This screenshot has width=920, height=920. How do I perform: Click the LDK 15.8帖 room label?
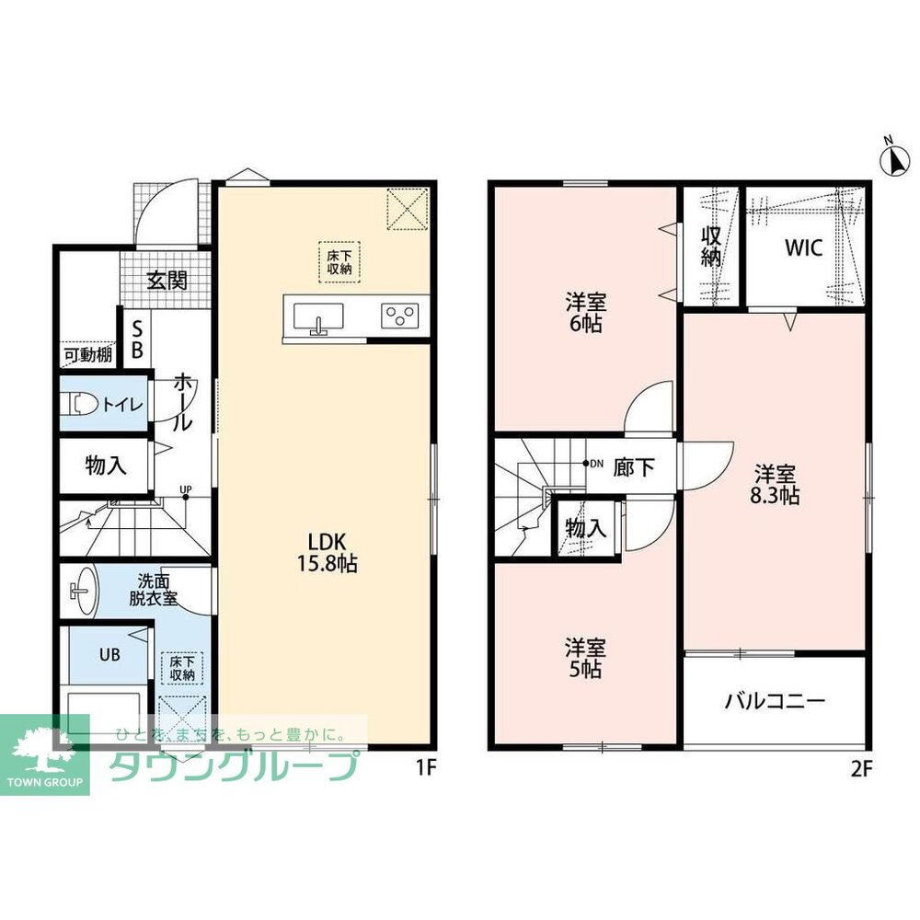click(327, 552)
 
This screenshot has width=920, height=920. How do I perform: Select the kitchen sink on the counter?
click(318, 318)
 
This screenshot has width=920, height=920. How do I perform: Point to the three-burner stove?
click(399, 316)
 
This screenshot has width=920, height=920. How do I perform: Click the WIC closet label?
click(804, 247)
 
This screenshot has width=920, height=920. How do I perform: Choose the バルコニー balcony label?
click(775, 701)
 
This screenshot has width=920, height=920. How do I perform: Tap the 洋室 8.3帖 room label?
click(775, 484)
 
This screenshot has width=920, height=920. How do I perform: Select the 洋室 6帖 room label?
click(585, 313)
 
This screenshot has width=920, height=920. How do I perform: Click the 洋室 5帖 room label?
click(585, 658)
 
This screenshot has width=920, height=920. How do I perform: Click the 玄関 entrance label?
click(167, 281)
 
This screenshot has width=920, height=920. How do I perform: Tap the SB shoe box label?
click(137, 339)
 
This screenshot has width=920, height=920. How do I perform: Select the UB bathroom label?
click(109, 655)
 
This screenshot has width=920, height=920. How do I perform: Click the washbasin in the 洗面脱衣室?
click(84, 591)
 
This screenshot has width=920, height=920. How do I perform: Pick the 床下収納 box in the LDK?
click(339, 262)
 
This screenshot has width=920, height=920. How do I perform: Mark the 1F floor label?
click(427, 769)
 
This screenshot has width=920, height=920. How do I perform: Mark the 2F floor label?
click(862, 769)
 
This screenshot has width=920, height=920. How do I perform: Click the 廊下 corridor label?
click(634, 467)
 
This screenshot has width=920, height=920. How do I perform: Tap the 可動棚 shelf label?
click(88, 355)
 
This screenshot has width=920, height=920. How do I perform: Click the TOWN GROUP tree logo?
click(44, 754)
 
